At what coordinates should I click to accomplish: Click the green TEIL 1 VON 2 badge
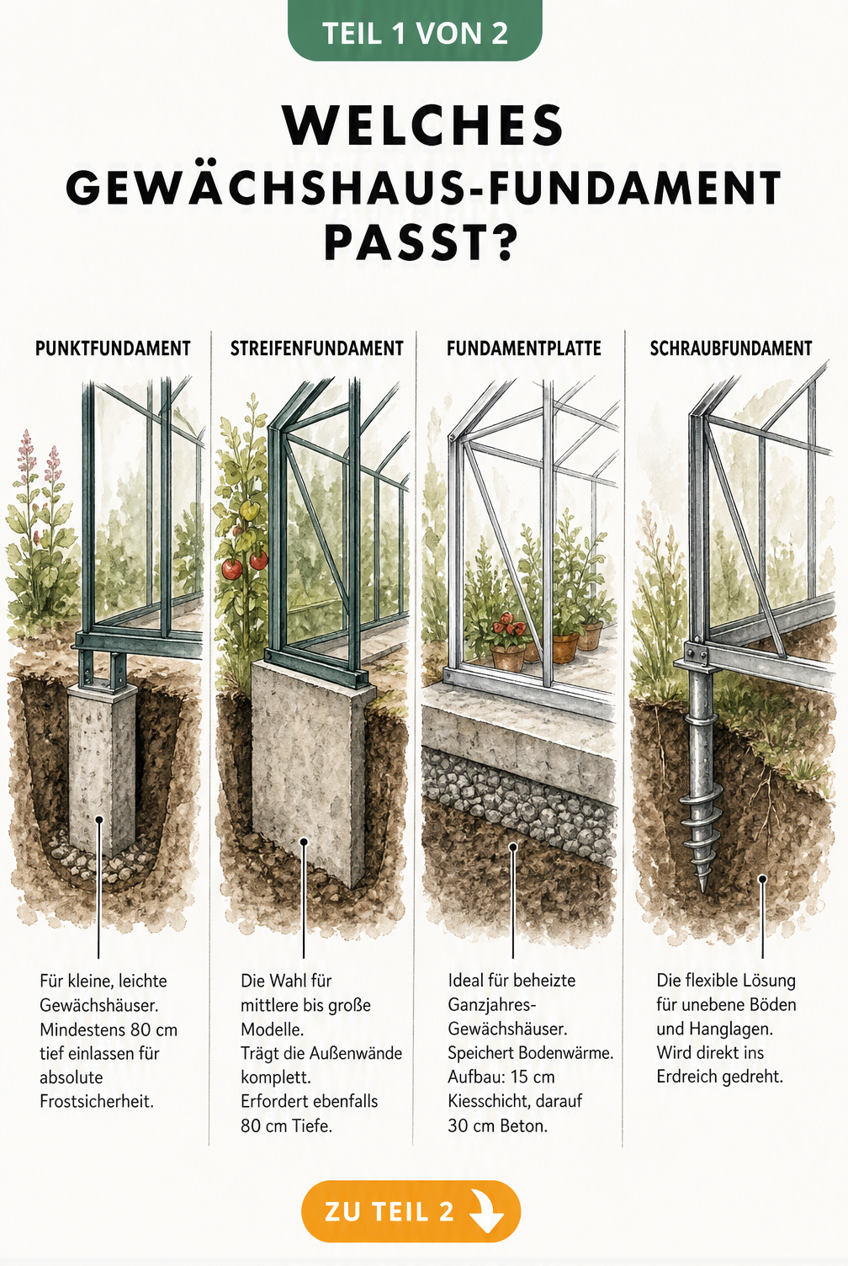click(x=415, y=30)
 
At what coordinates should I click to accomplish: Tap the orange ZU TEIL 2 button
click(x=411, y=1211)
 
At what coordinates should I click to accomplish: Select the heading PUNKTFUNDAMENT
click(x=113, y=348)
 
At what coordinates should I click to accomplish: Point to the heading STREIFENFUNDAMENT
click(x=317, y=348)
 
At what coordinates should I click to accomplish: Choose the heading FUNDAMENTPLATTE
click(x=524, y=348)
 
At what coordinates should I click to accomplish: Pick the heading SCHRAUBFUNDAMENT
click(x=731, y=348)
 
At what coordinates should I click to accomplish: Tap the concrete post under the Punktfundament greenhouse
click(x=103, y=771)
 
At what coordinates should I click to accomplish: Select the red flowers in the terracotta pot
click(x=506, y=624)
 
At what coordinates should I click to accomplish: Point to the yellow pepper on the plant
click(x=249, y=510)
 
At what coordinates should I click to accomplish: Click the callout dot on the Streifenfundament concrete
click(x=304, y=842)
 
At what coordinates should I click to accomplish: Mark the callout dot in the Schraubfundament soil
click(x=762, y=879)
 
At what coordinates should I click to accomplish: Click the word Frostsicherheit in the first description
click(x=97, y=1102)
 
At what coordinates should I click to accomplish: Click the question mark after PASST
click(x=501, y=244)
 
